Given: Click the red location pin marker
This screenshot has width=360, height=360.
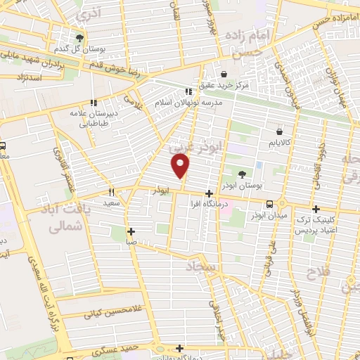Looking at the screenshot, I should [x=181, y=166].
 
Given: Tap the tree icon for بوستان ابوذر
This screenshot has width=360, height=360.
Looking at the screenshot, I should [x=243, y=174].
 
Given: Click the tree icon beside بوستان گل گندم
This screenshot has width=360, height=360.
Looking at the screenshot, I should [x=81, y=37].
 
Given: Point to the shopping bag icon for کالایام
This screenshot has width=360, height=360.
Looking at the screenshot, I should [x=280, y=131].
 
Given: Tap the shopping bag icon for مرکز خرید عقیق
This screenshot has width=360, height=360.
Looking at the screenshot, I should [x=224, y=74].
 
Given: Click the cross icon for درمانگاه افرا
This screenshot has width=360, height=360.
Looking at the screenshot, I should [x=209, y=193].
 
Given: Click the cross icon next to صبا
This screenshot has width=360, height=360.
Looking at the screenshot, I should [x=131, y=231].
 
